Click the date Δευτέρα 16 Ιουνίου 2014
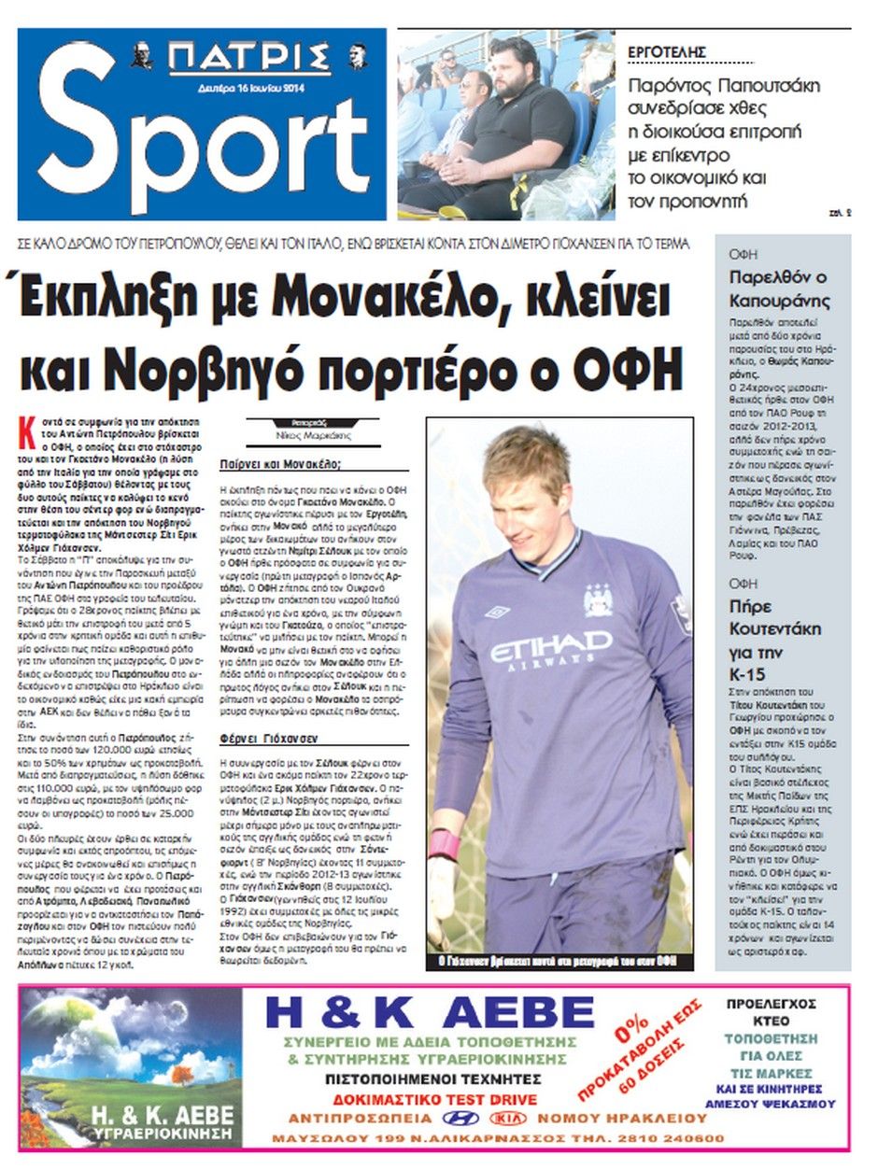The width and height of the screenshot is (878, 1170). click(248, 90)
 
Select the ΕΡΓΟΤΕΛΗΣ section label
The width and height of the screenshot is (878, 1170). click(666, 52)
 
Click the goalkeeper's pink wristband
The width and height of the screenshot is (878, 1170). click(444, 844)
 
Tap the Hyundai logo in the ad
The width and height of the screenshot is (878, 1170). click(461, 1118)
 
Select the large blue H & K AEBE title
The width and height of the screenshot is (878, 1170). click(430, 1012)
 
